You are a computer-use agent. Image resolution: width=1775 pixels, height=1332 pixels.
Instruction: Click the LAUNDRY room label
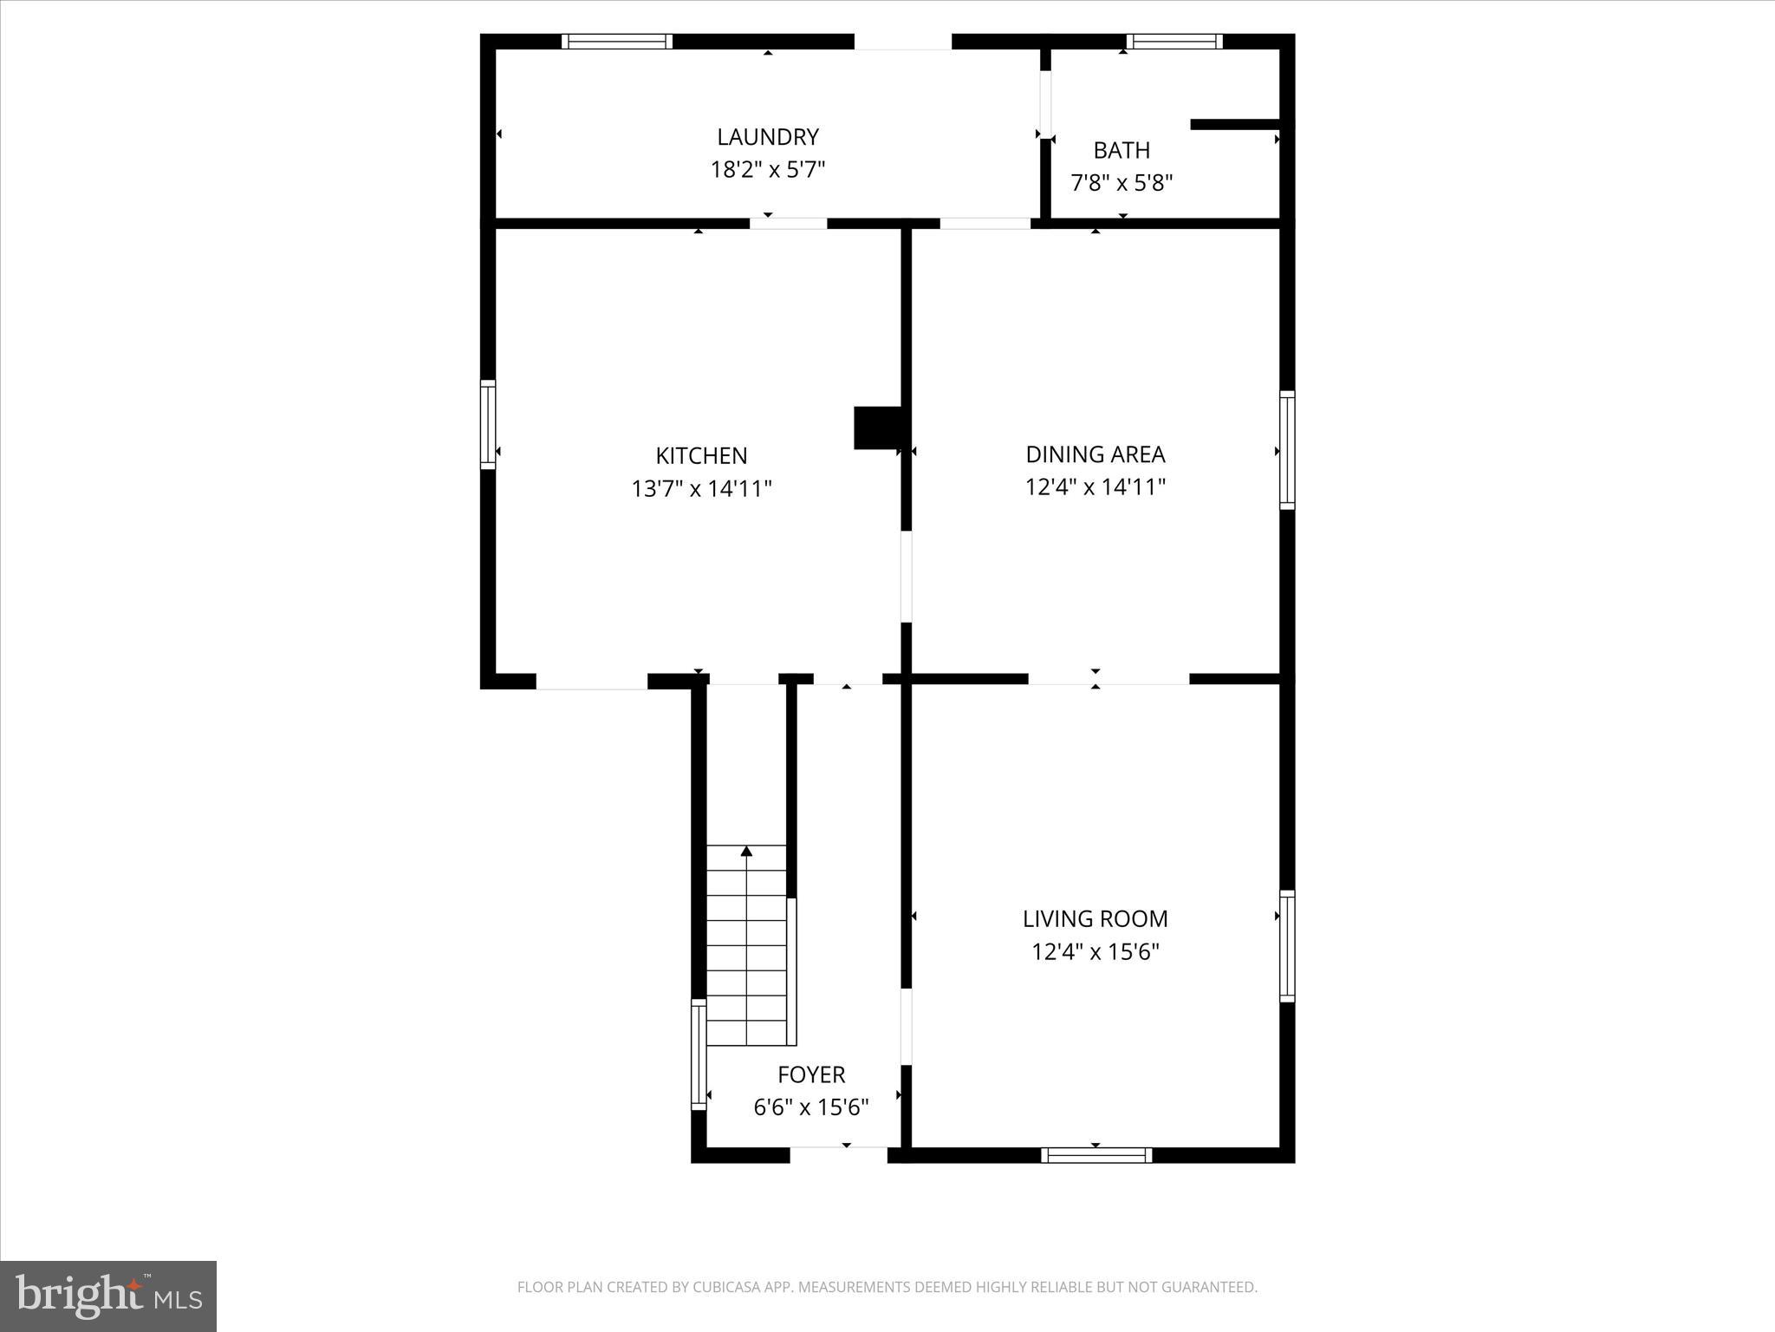coord(767,137)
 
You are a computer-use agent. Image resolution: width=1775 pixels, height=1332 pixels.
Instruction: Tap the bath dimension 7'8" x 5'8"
coord(1122,183)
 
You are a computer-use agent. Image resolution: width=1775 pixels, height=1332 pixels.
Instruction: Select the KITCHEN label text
coord(701,455)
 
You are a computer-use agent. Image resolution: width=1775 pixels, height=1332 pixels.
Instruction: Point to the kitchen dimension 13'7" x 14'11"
coord(701,489)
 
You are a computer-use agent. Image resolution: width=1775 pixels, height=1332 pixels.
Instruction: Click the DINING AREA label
coord(1095,454)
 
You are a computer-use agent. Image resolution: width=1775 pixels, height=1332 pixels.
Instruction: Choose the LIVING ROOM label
coord(1095,918)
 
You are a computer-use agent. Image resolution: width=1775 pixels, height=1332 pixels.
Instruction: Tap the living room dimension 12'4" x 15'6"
coord(1095,952)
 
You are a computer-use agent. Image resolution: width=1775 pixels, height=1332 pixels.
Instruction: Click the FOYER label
coord(810,1074)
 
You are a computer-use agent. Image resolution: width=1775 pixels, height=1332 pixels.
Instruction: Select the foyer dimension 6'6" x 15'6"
coord(810,1107)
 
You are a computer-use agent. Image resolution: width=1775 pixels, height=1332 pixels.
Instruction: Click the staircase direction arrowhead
coord(746,852)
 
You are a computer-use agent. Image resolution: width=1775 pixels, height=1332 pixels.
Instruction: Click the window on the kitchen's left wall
coord(488,425)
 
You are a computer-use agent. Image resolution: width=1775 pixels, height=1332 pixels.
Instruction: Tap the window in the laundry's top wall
coord(616,42)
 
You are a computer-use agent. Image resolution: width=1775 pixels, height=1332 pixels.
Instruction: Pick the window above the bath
coord(1174,42)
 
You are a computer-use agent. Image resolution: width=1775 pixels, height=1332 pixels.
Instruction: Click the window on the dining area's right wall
coord(1287,450)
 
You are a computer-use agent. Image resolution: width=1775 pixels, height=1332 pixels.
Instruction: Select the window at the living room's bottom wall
coord(1096,1155)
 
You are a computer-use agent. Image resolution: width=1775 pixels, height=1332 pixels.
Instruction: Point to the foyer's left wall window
coord(698,1054)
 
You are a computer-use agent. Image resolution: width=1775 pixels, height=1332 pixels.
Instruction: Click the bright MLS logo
coord(108,1296)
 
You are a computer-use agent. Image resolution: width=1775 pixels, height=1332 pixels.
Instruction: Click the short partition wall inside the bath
coord(1235,125)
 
